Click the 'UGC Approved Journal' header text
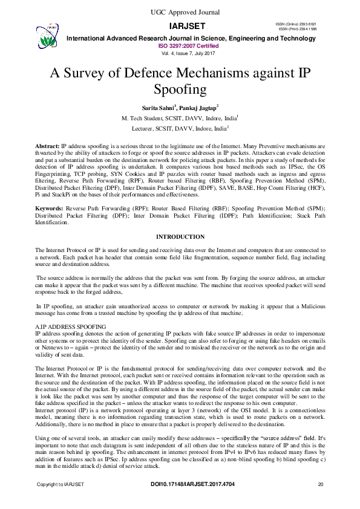pyautogui.click(x=179, y=12)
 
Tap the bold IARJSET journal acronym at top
pyautogui.click(x=188, y=26)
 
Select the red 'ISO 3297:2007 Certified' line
pyautogui.click(x=188, y=45)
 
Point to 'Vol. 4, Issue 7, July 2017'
pyautogui.click(x=188, y=53)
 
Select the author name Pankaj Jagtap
pyautogui.click(x=204, y=108)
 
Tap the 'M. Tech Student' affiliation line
pyautogui.click(x=180, y=118)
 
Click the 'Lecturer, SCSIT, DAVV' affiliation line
pyautogui.click(x=180, y=129)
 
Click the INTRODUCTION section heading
pyautogui.click(x=180, y=237)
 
